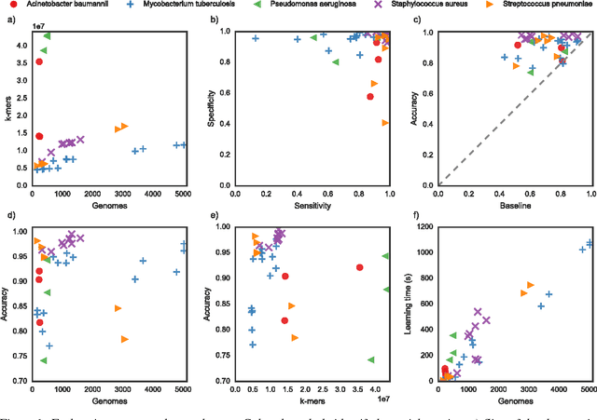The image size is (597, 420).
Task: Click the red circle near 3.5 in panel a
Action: point(39,61)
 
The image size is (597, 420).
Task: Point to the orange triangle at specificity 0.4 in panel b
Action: point(385,123)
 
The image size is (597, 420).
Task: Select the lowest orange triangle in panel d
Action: point(124,339)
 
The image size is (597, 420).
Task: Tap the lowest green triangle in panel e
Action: point(371,359)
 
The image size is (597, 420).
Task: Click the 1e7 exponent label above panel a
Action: point(40,25)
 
